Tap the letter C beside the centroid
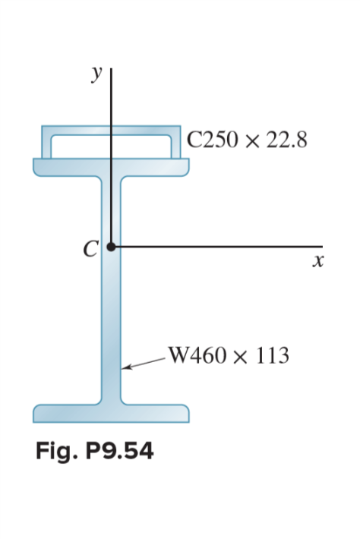[x=92, y=248]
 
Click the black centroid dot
[x=112, y=247]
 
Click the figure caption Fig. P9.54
[x=95, y=452]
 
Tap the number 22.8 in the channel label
[x=287, y=140]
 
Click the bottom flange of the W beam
[x=111, y=414]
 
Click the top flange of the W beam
[x=111, y=166]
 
